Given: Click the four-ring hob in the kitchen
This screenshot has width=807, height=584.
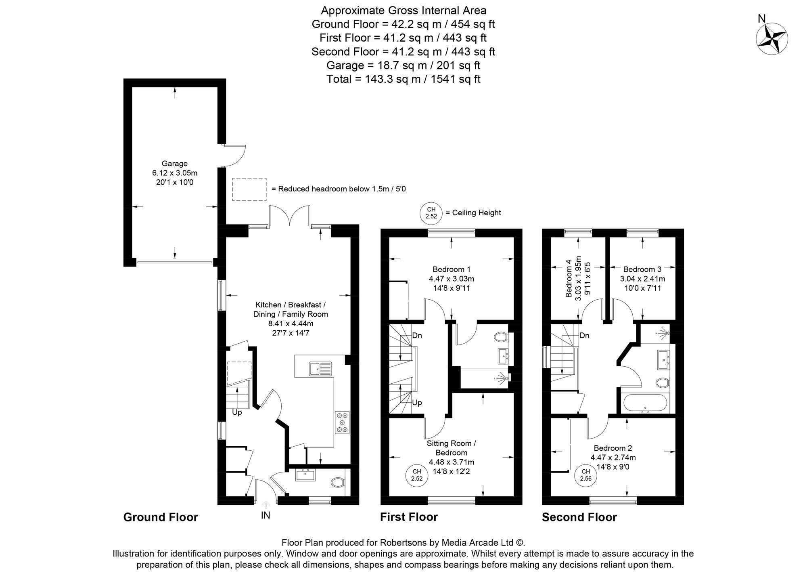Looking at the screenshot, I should pyautogui.click(x=342, y=422).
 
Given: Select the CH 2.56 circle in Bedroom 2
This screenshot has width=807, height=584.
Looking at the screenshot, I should pyautogui.click(x=585, y=475).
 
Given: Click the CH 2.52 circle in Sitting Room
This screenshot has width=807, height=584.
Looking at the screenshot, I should pyautogui.click(x=416, y=475).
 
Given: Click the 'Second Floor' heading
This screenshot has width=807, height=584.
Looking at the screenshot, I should pyautogui.click(x=579, y=517).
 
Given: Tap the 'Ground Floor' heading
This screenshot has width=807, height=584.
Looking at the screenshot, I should pyautogui.click(x=161, y=517).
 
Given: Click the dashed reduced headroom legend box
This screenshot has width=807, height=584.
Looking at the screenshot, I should pyautogui.click(x=249, y=189).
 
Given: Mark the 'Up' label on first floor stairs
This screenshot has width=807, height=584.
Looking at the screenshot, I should pyautogui.click(x=417, y=403).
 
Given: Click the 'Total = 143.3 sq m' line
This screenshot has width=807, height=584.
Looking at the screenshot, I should pyautogui.click(x=403, y=79).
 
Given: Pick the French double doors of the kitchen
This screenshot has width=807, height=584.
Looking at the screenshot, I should pyautogui.click(x=290, y=216).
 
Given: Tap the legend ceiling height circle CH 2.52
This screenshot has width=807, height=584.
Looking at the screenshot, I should pyautogui.click(x=431, y=213).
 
